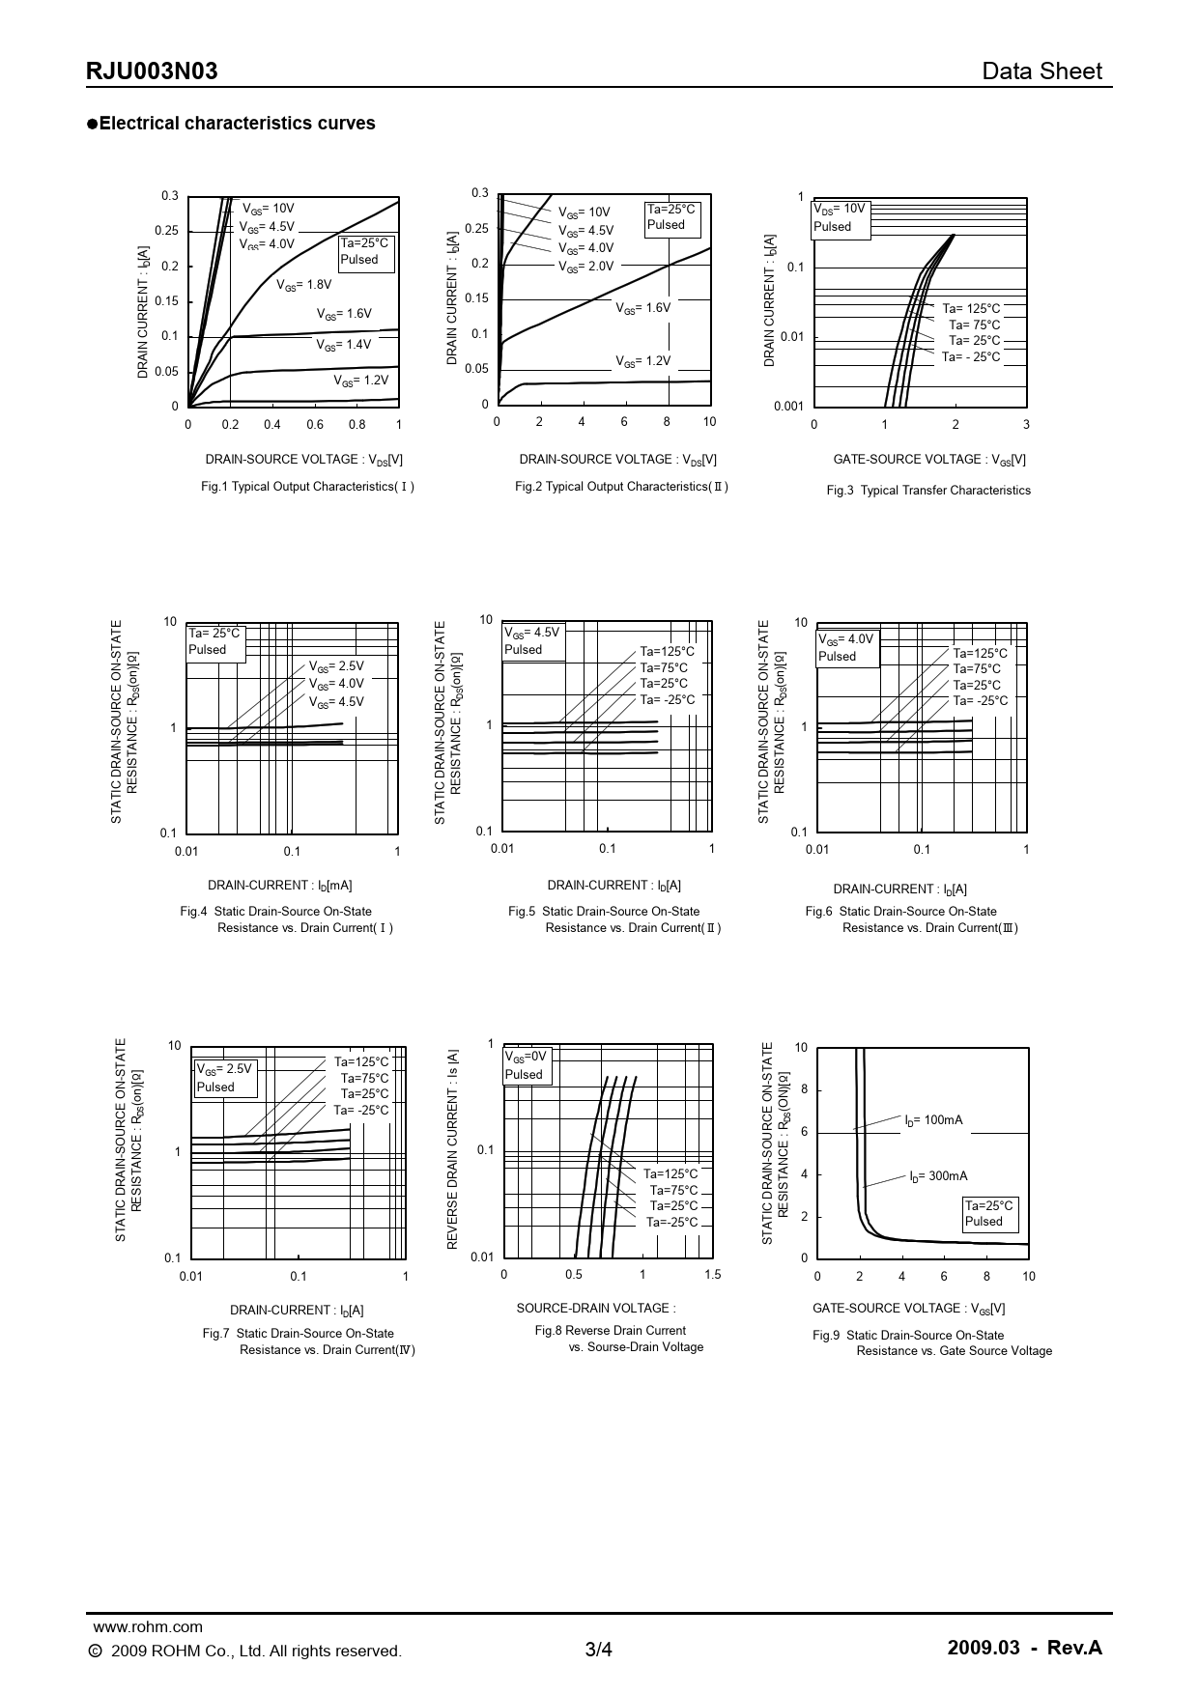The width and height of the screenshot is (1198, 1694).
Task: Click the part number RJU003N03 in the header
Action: coord(152,71)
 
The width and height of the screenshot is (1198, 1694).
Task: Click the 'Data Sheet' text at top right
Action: coord(1041,71)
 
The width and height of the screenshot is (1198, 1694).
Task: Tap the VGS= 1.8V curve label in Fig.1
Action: coord(303,285)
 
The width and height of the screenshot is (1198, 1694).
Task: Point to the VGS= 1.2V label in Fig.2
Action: coord(642,361)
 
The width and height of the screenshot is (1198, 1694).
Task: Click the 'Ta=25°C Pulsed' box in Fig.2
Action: coord(671,217)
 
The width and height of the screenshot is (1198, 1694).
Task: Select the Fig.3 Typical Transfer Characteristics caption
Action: coord(927,491)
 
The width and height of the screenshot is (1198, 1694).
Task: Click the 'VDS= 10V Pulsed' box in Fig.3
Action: coord(841,217)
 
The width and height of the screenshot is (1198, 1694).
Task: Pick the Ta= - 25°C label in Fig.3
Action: coord(971,357)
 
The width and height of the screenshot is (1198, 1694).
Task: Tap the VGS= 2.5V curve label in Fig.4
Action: coord(336,666)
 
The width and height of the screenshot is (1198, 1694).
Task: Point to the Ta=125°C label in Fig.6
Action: coord(980,654)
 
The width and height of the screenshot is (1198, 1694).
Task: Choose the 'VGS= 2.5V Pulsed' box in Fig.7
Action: coord(225,1078)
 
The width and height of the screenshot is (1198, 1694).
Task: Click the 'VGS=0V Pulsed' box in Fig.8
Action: coord(527,1065)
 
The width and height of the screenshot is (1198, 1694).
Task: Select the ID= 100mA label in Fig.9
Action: coord(933,1120)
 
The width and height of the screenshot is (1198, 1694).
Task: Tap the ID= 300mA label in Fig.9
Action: coord(937,1176)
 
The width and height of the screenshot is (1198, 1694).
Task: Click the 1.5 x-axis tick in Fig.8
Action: coord(712,1275)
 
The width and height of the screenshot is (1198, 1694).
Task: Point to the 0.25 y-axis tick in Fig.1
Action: coord(166,232)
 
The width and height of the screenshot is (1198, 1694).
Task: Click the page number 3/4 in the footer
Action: coord(599,1650)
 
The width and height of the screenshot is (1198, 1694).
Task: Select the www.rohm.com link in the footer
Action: coord(147,1627)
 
